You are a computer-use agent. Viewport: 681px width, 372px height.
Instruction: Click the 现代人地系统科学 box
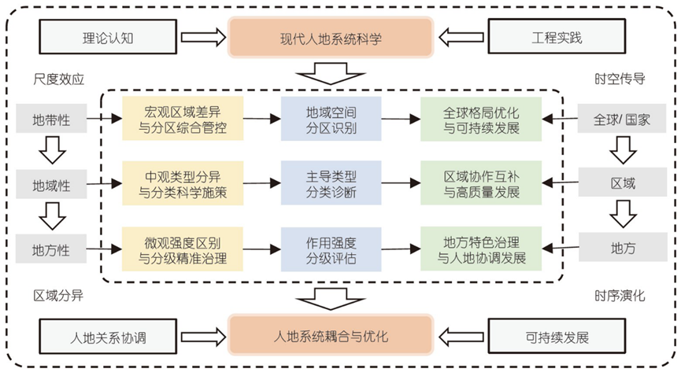[331, 37]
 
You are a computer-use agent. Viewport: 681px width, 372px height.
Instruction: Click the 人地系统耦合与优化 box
[331, 337]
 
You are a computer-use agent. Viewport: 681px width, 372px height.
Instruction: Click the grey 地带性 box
[51, 120]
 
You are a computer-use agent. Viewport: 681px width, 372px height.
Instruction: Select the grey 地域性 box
[51, 185]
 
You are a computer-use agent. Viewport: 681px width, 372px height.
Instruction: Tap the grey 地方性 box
[51, 249]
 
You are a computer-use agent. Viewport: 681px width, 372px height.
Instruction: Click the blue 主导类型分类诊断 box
[331, 183]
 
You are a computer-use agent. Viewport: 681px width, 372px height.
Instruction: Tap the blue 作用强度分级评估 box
[331, 248]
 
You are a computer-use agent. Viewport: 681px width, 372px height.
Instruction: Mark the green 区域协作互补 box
[481, 183]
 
